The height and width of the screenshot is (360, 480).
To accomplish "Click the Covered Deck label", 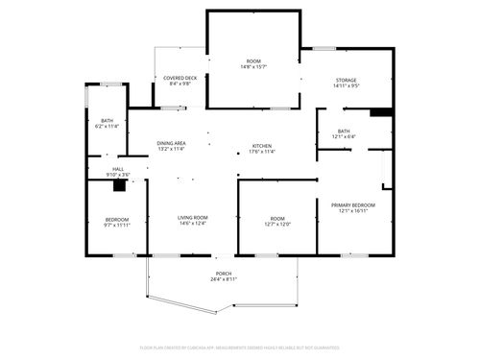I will pos(180,78).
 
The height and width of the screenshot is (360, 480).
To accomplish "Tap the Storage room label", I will pos(346,80).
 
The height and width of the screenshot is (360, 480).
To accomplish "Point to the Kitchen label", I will pos(262,145).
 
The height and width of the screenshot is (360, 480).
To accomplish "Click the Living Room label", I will pos(192,218).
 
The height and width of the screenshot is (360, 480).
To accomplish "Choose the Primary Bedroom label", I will pos(353,205).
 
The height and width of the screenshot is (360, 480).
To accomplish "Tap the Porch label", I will pos(223,274).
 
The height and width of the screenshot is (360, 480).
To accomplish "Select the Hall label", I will pos(118,169).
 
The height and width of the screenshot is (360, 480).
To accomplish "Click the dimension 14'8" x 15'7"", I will pos(254,67).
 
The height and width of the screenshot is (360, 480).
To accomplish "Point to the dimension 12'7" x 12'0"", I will pos(276,224).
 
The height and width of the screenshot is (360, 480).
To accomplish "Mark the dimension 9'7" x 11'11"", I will pos(117,225).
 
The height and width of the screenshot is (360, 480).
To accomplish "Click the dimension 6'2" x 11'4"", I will pos(106,126).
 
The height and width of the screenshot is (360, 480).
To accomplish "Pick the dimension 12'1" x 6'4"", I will pos(344,136).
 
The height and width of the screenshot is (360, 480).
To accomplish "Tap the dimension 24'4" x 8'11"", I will pos(223,279).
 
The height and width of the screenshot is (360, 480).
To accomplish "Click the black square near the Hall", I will pos(120,187).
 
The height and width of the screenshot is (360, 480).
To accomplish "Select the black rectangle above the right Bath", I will pos(381,112).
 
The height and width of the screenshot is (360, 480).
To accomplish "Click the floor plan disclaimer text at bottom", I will pos(240,347).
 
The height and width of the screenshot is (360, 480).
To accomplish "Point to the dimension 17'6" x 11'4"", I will pos(262,151).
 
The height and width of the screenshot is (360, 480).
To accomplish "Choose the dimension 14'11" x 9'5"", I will pos(346,85).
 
